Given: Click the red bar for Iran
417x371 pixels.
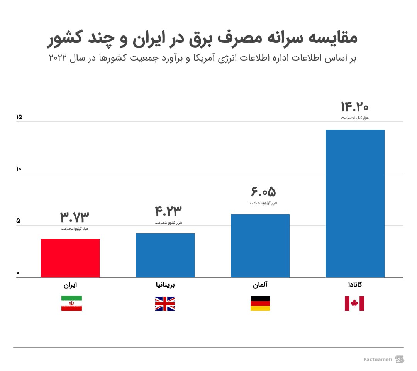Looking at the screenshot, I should coord(70,258).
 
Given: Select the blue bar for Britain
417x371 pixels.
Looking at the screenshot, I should coord(165,255).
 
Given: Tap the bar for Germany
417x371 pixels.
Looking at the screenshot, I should coord(260,246).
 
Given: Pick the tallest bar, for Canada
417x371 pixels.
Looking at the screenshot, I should coord(355,203).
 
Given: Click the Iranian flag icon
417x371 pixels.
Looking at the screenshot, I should coord(71,304).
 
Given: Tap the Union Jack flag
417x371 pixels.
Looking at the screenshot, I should coord(165,304).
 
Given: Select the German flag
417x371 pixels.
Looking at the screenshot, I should coord(260,304).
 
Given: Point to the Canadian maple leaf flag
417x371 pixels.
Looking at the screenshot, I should coord(354,304).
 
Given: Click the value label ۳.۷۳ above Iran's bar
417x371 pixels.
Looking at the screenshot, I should coord(75,218).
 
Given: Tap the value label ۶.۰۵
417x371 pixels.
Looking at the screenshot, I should coord(263,192).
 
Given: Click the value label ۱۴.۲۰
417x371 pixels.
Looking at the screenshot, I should coord(354,106).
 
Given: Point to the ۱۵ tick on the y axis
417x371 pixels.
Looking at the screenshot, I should coord(19,117).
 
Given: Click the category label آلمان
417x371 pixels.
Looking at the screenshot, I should coord(260,285).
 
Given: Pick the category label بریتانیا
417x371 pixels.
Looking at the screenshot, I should coord(165,285).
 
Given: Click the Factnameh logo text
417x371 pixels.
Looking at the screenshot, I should coord(378,359).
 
